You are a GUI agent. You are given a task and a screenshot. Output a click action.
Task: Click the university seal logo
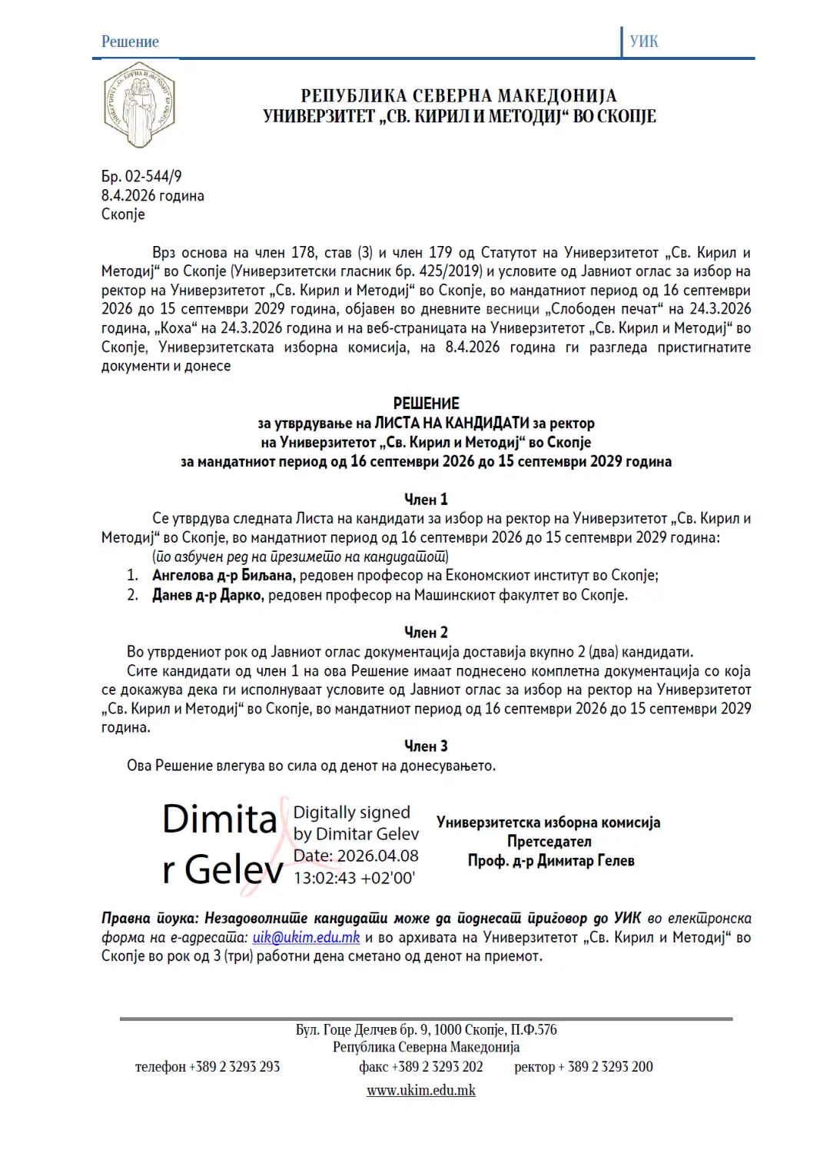[139, 105]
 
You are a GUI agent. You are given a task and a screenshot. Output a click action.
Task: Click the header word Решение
[130, 42]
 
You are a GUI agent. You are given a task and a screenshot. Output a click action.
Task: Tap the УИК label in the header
[644, 42]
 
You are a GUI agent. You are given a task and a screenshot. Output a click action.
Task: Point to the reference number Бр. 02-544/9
[141, 177]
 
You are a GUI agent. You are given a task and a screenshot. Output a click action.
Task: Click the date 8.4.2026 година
[152, 196]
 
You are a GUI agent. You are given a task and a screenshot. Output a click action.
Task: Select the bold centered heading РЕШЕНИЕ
[426, 404]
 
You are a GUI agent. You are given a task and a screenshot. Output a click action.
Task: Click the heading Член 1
[426, 500]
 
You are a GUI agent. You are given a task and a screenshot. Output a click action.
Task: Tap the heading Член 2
[426, 633]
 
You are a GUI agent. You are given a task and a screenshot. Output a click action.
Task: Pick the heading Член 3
[426, 746]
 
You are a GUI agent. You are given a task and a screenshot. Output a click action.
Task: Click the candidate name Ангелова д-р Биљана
[223, 576]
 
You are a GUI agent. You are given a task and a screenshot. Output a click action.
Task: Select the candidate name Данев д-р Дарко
[208, 595]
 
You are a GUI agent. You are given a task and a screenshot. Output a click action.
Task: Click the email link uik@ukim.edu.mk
[306, 938]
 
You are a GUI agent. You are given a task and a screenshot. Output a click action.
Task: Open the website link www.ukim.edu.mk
[421, 1091]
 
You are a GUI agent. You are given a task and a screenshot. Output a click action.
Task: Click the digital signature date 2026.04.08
[377, 856]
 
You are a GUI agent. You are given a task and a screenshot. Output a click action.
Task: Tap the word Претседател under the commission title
[549, 842]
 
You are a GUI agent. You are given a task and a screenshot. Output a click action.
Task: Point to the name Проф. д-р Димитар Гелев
[551, 861]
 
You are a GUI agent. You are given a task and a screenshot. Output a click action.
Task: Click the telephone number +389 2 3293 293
[234, 1067]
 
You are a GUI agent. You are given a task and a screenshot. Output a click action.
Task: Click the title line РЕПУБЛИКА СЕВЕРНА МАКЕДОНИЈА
[459, 96]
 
